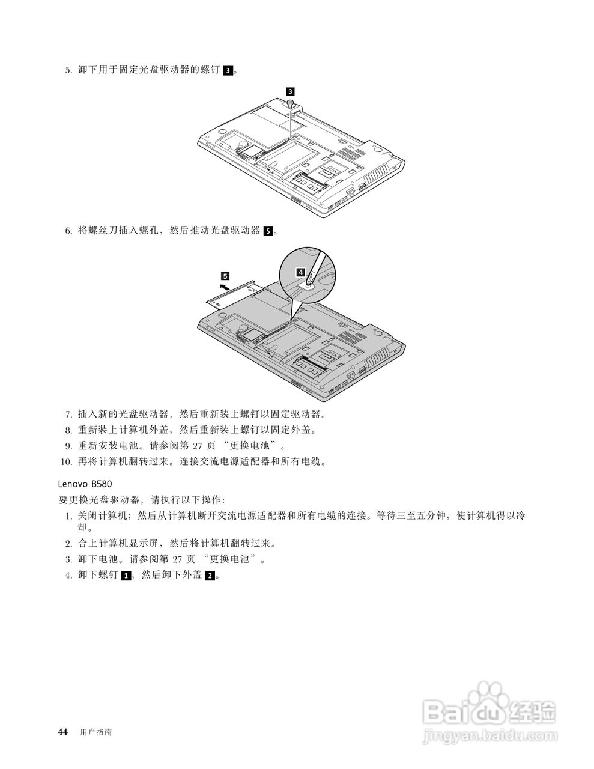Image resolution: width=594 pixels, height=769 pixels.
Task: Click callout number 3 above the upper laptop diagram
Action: [x=291, y=91]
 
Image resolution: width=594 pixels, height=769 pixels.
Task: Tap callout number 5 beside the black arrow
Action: [x=225, y=276]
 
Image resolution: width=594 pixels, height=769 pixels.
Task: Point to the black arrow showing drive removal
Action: [x=223, y=288]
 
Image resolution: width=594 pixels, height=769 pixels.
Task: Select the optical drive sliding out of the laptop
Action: [x=234, y=293]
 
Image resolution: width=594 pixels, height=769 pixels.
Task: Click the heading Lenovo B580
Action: [x=85, y=483]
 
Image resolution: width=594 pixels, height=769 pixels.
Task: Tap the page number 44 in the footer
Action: [x=62, y=732]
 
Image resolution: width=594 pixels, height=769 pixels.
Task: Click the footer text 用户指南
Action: [x=95, y=732]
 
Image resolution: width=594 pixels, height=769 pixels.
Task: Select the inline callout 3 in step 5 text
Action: [x=228, y=70]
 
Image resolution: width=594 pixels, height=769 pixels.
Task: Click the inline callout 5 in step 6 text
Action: [x=268, y=231]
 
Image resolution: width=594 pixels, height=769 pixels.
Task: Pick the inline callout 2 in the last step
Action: [x=210, y=576]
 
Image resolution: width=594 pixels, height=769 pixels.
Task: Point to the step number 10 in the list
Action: [x=65, y=462]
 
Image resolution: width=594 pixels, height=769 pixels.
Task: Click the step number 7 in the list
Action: [x=68, y=415]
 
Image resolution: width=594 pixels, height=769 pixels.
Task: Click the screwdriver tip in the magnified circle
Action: [x=309, y=283]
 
